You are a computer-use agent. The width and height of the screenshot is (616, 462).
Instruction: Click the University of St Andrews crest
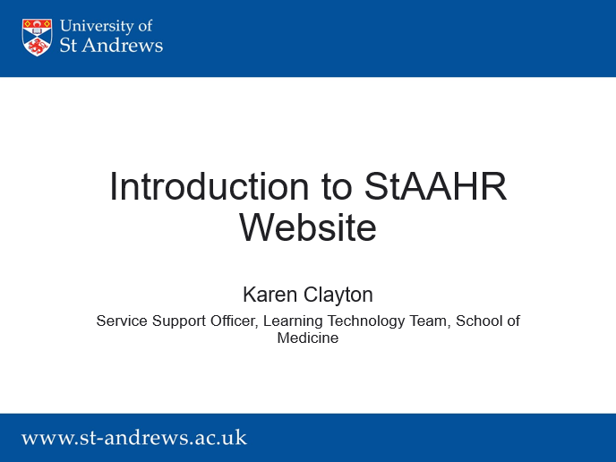(x=37, y=38)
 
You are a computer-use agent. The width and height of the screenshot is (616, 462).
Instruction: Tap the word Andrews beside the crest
(x=122, y=45)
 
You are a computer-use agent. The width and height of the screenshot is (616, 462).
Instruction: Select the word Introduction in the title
(x=209, y=186)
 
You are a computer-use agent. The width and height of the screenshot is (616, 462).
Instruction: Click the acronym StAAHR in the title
(x=435, y=186)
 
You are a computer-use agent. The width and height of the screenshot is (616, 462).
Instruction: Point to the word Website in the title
(x=308, y=227)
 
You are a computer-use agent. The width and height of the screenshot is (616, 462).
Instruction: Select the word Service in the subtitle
(x=122, y=321)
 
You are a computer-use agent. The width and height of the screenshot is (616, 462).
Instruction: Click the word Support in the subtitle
(x=179, y=321)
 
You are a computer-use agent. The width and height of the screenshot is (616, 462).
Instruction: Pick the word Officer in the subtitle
(x=235, y=321)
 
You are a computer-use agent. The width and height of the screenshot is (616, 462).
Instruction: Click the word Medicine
(x=308, y=338)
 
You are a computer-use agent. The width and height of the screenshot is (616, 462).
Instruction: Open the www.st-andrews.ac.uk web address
(x=134, y=438)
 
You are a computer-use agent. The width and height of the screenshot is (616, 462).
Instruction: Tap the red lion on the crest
(x=37, y=47)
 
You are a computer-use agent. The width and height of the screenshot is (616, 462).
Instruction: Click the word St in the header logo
(x=68, y=45)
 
